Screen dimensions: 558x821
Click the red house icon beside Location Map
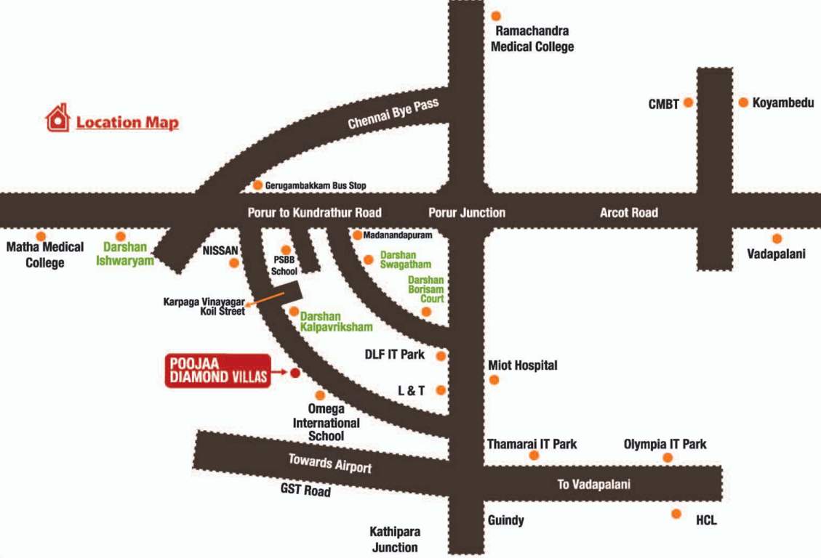57,118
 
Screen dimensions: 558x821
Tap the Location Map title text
127,122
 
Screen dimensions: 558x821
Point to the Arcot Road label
628,213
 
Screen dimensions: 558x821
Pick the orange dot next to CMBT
688,103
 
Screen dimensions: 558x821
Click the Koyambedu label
782,103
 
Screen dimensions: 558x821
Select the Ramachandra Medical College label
532,39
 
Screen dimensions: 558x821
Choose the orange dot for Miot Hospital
494,379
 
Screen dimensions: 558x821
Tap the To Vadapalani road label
594,485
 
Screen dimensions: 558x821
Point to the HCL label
706,520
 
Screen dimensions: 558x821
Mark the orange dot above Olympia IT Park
668,457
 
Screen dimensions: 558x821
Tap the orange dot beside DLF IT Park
441,355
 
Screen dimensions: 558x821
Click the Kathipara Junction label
396,539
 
